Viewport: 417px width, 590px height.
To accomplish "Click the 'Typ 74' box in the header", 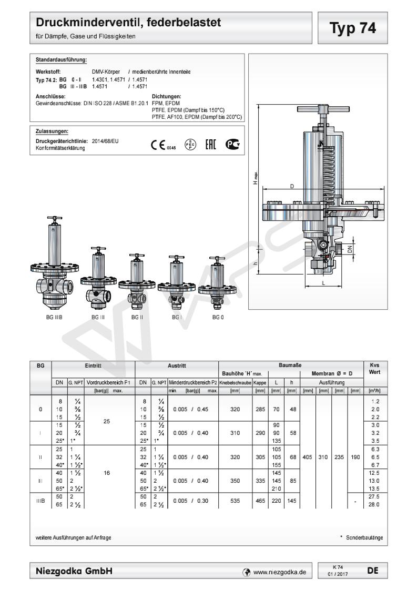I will (x=353, y=28).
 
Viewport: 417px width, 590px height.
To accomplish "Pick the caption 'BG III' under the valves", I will (x=98, y=318).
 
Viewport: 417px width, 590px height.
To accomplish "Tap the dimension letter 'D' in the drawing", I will (x=292, y=187).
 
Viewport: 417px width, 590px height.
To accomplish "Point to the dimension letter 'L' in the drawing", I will (x=323, y=283).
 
